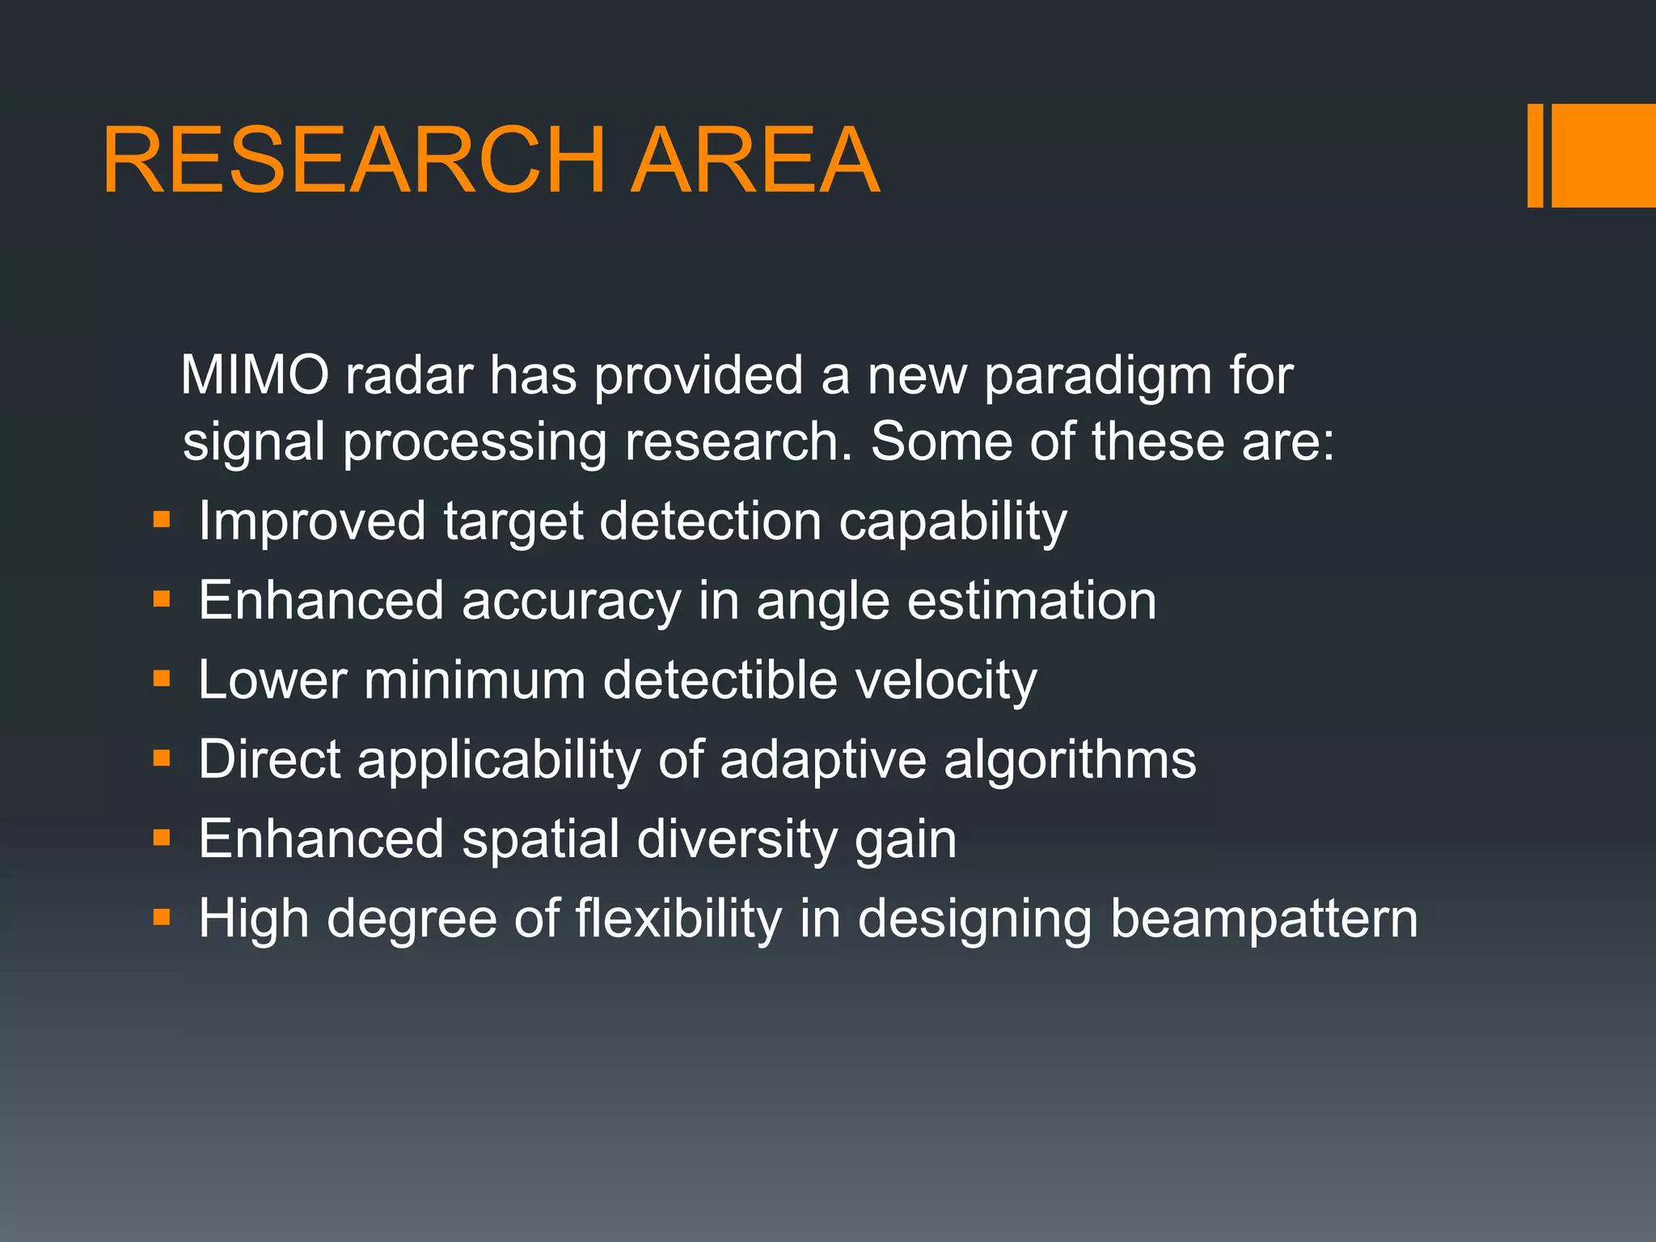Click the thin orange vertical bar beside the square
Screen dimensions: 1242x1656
pos(1535,155)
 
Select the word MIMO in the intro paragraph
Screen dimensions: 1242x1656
pos(255,376)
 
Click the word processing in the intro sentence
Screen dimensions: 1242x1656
pos(475,444)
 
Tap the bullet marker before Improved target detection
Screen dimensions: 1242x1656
pos(162,519)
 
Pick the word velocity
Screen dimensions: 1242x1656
pos(945,681)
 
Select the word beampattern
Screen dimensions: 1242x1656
pos(1263,920)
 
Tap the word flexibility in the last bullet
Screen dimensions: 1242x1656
pos(678,919)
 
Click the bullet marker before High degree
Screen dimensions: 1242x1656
pos(162,917)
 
